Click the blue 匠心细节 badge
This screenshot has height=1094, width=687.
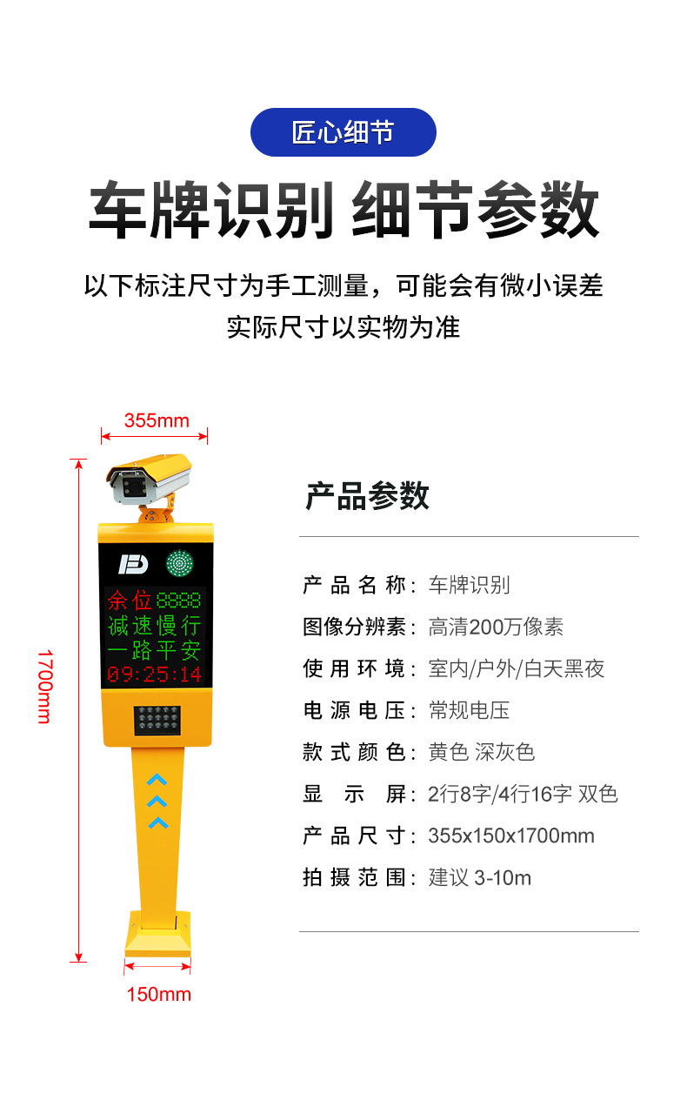[343, 132]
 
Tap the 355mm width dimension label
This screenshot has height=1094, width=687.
[157, 420]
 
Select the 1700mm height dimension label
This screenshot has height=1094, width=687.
[45, 686]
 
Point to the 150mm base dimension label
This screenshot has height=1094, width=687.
[158, 995]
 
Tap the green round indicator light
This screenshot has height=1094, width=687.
[179, 563]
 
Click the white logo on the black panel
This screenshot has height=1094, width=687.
[133, 564]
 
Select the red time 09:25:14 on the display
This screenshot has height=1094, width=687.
[154, 674]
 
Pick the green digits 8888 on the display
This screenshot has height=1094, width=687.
[178, 601]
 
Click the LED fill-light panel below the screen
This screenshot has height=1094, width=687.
[157, 720]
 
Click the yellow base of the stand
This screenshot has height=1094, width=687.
[157, 934]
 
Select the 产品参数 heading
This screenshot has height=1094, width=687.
[367, 496]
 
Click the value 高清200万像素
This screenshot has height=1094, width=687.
[496, 627]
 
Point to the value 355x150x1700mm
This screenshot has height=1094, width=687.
[511, 836]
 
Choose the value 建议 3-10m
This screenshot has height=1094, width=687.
[480, 877]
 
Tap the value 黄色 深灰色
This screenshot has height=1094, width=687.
[482, 752]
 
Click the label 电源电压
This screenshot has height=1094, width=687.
[354, 710]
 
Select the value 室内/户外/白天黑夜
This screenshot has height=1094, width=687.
[517, 668]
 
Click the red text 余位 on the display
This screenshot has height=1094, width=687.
[130, 601]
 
